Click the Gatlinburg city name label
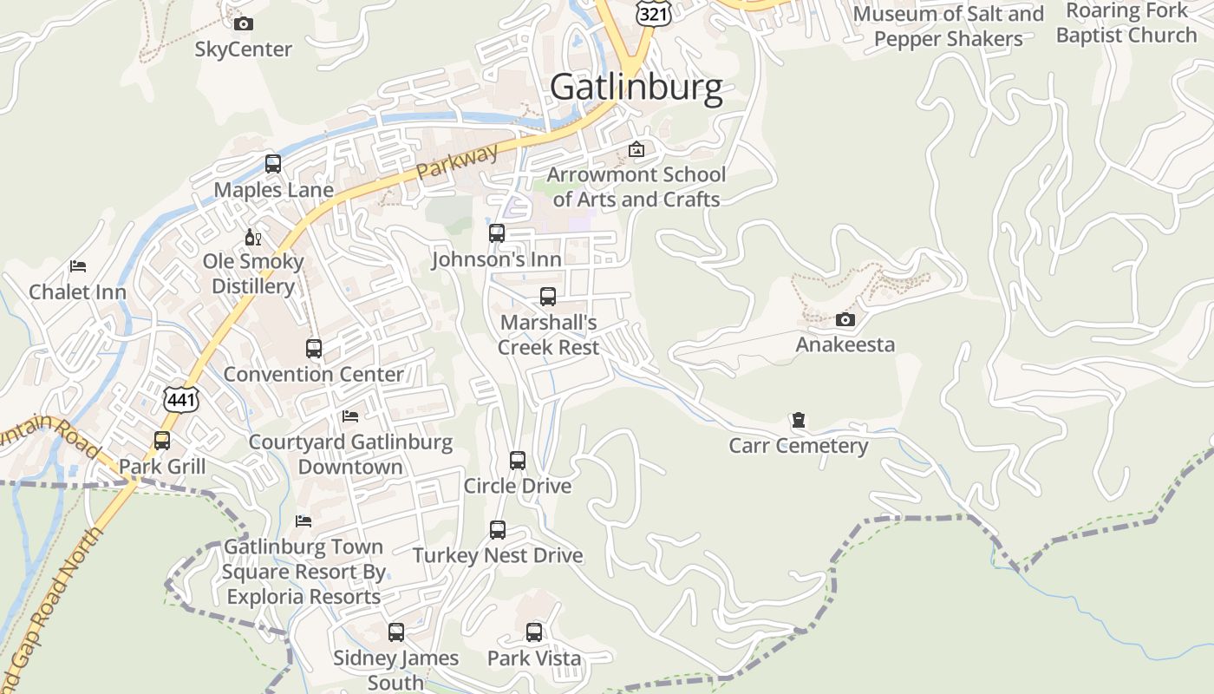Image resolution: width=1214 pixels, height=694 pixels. point(636,88)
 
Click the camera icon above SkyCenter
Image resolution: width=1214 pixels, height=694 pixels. point(244,23)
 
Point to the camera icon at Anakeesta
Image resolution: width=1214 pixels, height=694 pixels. point(845,319)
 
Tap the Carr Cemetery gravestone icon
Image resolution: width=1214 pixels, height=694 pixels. point(798,421)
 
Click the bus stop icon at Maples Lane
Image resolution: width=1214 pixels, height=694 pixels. point(273,164)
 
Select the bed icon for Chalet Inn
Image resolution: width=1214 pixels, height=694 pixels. point(78,266)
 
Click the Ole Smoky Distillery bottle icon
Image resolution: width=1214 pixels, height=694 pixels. point(253,237)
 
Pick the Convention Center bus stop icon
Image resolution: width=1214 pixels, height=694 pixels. point(314,349)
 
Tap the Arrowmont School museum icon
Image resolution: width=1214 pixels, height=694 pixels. point(636,149)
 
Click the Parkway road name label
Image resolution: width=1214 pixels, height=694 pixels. point(457,161)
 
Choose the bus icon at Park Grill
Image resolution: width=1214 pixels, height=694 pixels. point(162,441)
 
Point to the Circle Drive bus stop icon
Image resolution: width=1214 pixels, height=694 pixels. point(518,461)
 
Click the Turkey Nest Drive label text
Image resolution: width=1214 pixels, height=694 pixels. point(498,555)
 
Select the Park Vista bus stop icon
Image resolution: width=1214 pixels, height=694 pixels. point(534,632)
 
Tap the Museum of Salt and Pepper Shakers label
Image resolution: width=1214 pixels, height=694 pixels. point(948,26)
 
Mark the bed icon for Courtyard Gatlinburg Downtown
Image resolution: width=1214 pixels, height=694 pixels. point(350,416)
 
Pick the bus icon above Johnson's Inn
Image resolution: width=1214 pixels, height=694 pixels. point(497,233)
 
